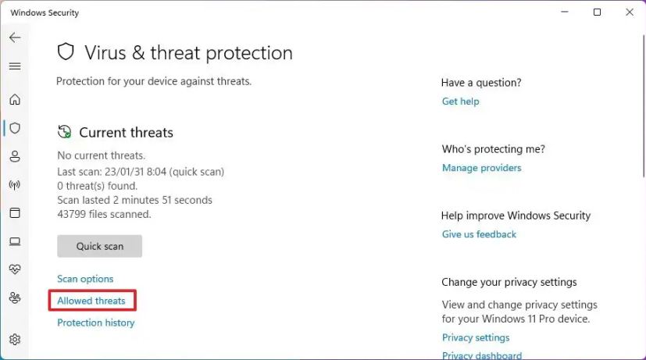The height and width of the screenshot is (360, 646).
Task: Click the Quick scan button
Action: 100,246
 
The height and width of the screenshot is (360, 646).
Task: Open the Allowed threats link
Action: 91,301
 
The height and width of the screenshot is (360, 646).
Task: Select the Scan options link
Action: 85,279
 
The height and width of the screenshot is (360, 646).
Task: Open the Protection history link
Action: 96,323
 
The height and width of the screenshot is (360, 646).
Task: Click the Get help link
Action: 461,102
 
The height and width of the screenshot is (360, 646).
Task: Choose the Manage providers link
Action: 482,168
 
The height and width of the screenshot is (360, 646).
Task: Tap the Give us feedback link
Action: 479,234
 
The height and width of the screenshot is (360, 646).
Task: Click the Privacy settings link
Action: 476,337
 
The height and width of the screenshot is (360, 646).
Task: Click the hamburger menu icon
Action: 15,66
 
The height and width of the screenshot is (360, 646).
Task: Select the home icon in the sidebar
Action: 15,99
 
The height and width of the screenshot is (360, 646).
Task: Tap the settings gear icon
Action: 15,340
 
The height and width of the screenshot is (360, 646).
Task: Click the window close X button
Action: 630,12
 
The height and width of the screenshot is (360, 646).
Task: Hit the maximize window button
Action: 597,12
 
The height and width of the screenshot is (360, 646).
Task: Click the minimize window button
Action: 565,12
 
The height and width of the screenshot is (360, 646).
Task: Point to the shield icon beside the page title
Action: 66,52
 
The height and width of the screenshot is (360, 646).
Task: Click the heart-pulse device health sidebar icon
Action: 15,269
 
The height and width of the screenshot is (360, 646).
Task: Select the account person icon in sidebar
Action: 15,156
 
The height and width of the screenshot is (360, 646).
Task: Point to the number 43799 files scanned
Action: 72,214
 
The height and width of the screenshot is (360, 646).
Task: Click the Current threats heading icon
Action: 65,132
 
